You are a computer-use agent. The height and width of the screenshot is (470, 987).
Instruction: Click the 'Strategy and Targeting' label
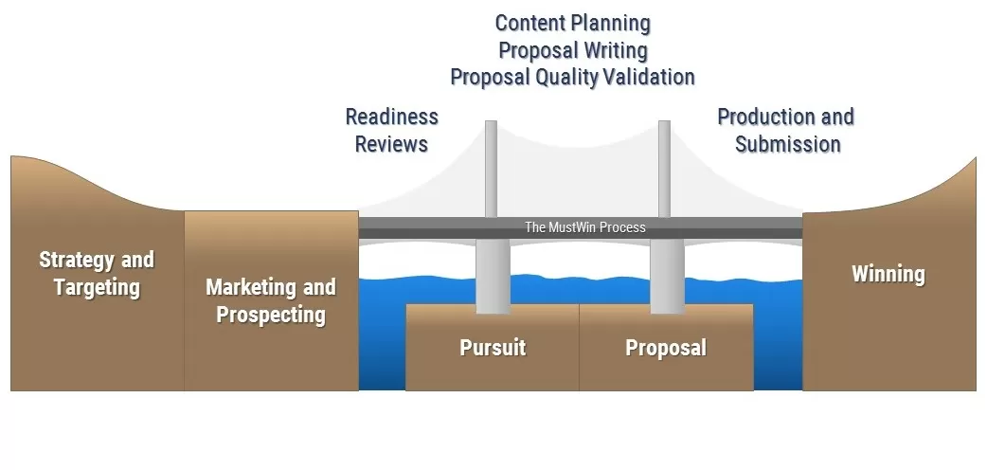pyautogui.click(x=97, y=273)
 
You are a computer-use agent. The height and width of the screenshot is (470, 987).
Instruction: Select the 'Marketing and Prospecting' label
pyautogui.click(x=271, y=300)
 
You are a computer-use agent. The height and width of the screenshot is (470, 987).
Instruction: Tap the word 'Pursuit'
pyautogui.click(x=493, y=348)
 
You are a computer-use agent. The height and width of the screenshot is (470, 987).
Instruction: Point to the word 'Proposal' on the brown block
pyautogui.click(x=666, y=348)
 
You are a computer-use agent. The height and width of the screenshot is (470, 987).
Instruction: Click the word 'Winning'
pyautogui.click(x=888, y=275)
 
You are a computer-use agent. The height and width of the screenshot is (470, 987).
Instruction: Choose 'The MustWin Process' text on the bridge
pyautogui.click(x=585, y=227)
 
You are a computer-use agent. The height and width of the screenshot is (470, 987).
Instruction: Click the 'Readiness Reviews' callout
pyautogui.click(x=391, y=130)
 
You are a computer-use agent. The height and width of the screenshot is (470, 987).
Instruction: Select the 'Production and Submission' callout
pyautogui.click(x=786, y=130)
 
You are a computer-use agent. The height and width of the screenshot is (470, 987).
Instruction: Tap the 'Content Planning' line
pyautogui.click(x=573, y=22)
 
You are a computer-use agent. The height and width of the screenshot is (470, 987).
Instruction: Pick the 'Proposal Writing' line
pyautogui.click(x=573, y=49)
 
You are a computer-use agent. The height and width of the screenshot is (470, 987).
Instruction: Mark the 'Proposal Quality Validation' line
pyautogui.click(x=573, y=77)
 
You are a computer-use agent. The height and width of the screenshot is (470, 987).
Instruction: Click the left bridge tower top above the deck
pyautogui.click(x=491, y=166)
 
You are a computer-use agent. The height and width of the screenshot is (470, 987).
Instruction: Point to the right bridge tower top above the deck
pyautogui.click(x=664, y=166)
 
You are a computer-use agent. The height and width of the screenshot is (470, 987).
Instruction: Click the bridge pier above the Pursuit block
pyautogui.click(x=492, y=276)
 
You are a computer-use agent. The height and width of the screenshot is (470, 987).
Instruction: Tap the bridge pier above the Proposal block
pyautogui.click(x=666, y=276)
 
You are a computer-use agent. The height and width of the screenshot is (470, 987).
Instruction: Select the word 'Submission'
pyautogui.click(x=788, y=144)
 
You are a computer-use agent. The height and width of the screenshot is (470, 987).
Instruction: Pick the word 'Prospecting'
pyautogui.click(x=271, y=315)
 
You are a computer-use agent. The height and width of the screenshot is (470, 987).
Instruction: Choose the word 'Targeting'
pyautogui.click(x=97, y=287)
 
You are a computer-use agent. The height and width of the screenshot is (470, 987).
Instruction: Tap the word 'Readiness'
pyautogui.click(x=391, y=117)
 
